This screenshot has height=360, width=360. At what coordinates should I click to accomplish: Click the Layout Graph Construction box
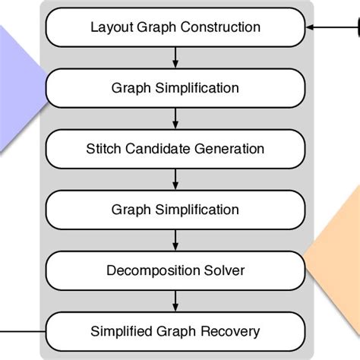click(175, 28)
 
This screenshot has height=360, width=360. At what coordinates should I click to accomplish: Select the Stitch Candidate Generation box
click(175, 149)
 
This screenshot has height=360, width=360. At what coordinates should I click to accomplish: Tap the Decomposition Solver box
click(175, 270)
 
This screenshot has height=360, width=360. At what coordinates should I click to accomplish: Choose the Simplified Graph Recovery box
click(175, 331)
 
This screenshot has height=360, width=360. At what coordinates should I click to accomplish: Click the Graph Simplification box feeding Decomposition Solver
click(175, 210)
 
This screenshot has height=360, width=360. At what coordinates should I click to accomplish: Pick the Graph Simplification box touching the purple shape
click(175, 88)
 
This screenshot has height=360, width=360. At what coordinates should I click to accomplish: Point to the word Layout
click(108, 28)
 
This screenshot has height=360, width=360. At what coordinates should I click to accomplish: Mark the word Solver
click(226, 270)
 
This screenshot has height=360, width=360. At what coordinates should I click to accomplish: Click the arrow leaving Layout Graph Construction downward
click(175, 58)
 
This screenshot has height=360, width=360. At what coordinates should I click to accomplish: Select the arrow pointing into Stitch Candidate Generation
click(175, 118)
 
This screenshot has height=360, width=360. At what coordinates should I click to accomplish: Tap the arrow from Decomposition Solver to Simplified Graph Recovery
click(175, 301)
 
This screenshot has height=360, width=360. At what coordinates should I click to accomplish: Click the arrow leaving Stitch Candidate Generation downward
click(175, 179)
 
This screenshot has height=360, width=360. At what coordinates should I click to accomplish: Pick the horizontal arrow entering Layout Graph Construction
click(330, 28)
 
